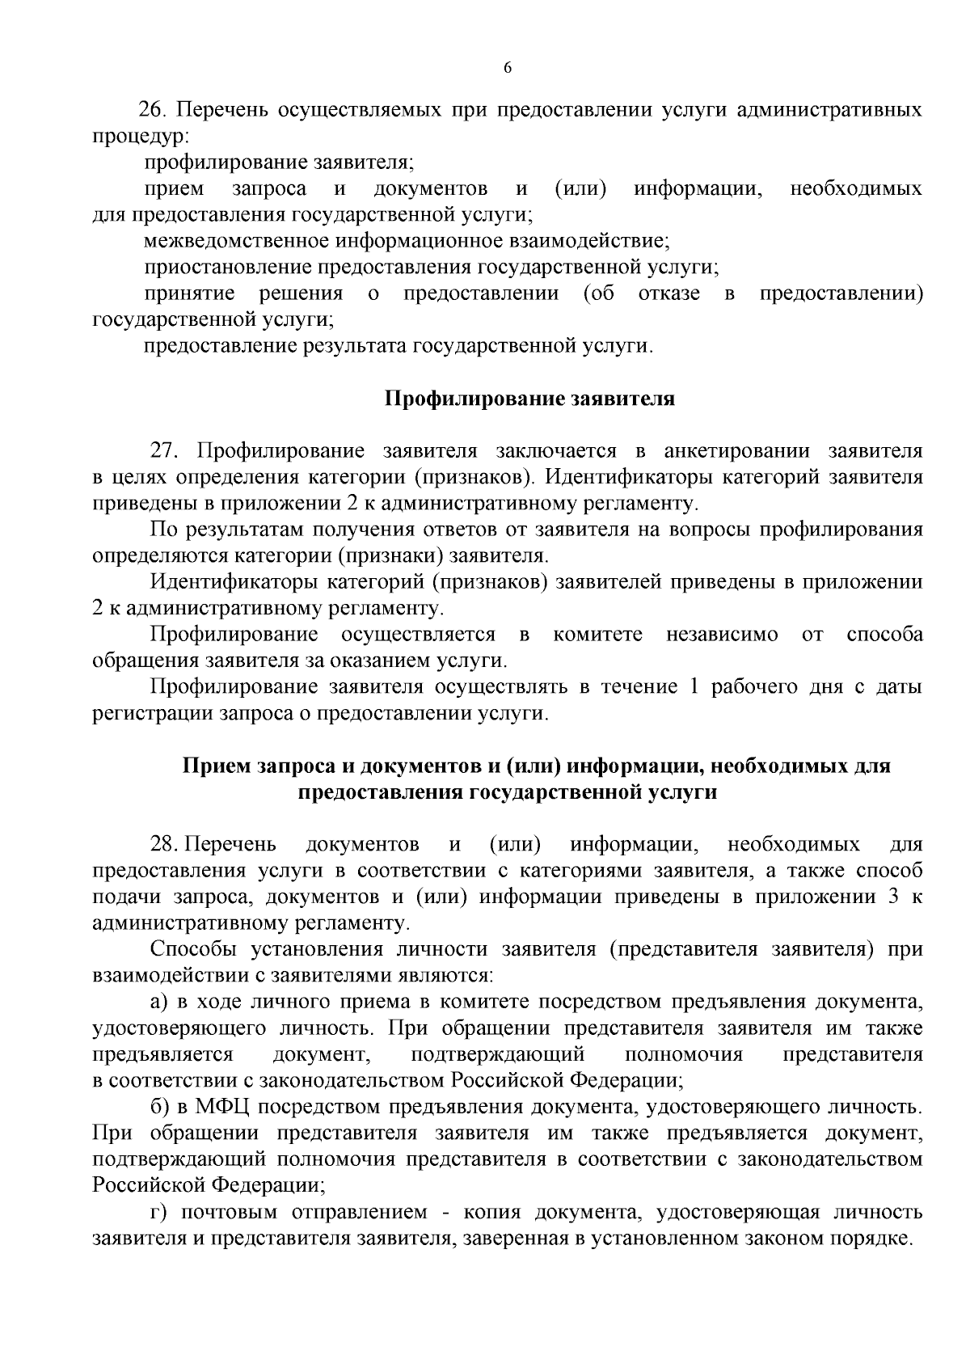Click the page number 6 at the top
[x=508, y=69]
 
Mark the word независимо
[x=722, y=635]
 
